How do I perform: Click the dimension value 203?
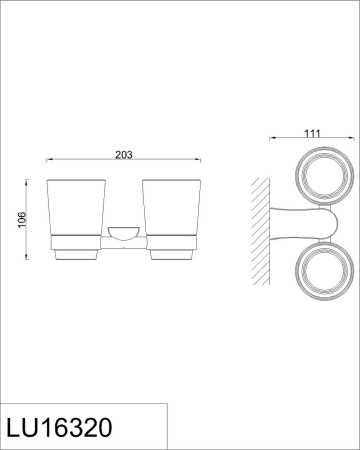pos(124,155)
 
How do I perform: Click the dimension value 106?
pos(22,220)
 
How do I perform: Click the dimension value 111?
pos(312,133)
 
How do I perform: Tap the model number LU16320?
pos(59,427)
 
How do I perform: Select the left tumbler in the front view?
pos(76,208)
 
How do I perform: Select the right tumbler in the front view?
pos(171,208)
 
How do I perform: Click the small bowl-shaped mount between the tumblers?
pos(124,233)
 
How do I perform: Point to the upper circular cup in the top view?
pos(325,175)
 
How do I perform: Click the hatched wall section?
pos(260,231)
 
